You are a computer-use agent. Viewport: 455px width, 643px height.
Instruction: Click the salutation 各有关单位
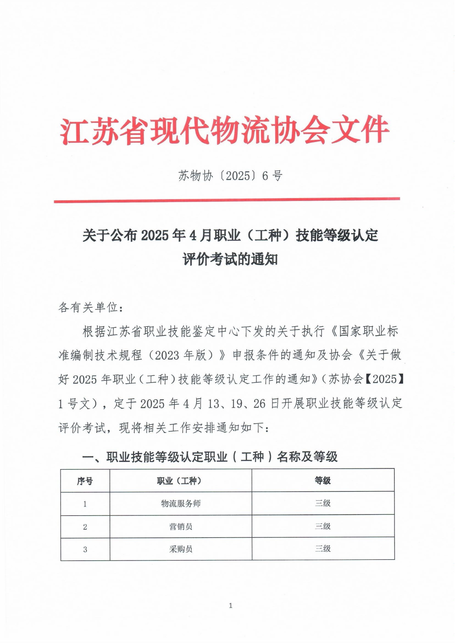[x=90, y=308]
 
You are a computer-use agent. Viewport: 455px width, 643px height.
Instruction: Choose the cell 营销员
[x=181, y=527]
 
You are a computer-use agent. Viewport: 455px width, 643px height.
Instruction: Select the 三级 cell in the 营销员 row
[x=323, y=526]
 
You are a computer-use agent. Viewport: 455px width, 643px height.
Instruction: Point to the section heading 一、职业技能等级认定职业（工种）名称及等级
[x=210, y=457]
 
